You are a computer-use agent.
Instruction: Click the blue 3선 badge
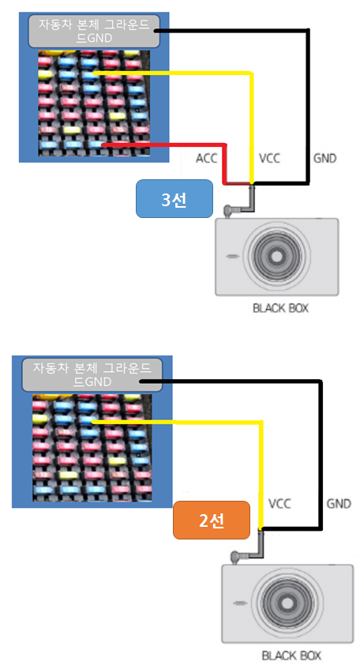tap(174, 199)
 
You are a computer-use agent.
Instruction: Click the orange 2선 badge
tap(211, 520)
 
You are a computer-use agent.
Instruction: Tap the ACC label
tap(206, 159)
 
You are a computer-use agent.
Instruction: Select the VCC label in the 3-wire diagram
tap(269, 159)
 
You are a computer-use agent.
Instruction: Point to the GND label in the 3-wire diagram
tap(325, 159)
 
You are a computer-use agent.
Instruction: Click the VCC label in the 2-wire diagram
tap(279, 504)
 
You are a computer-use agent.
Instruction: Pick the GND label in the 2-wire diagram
tap(339, 504)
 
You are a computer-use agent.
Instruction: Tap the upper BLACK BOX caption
tap(280, 307)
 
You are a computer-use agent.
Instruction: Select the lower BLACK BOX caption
tap(292, 655)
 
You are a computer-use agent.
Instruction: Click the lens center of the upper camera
tap(277, 256)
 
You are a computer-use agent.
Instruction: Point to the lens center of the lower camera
tap(288, 603)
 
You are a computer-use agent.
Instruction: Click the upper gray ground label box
tap(94, 32)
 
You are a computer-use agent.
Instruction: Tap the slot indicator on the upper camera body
tap(232, 257)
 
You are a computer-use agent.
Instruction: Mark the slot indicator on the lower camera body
tap(240, 603)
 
